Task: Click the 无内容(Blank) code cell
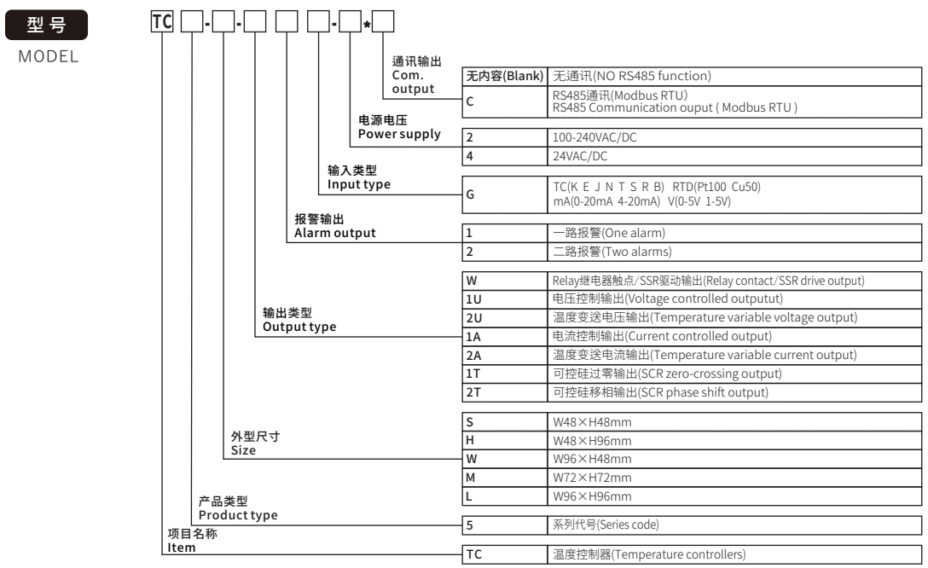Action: [503, 77]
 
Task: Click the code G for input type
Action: [471, 194]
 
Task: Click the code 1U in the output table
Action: [474, 298]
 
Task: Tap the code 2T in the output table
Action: [474, 392]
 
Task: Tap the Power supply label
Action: [399, 133]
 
